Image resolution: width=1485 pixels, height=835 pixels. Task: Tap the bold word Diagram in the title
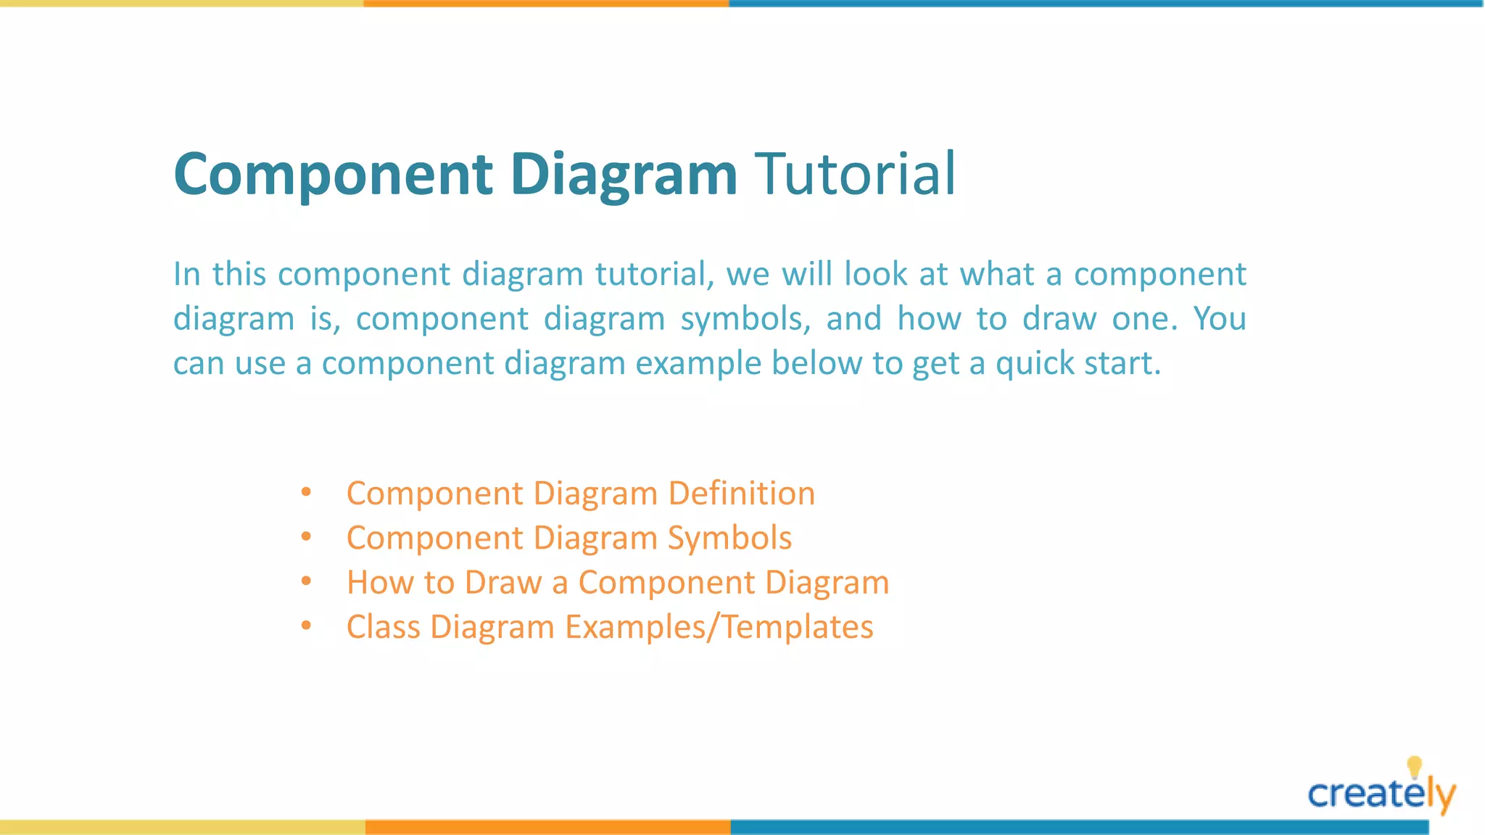[624, 175]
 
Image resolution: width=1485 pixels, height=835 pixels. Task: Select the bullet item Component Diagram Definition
[580, 494]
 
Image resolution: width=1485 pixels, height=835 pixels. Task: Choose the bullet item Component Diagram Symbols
[568, 538]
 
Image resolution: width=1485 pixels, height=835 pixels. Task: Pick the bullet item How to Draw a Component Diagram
[617, 583]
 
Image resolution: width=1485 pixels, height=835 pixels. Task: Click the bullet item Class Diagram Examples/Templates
[609, 627]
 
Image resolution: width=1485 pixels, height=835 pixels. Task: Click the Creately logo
[1381, 794]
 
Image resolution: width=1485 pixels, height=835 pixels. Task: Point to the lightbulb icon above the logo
[1414, 767]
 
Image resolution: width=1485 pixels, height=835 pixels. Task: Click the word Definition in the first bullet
[741, 494]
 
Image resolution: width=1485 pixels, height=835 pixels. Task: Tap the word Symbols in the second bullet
[729, 539]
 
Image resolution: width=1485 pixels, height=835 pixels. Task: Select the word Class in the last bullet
[383, 627]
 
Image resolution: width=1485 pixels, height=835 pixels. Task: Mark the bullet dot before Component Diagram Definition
[306, 493]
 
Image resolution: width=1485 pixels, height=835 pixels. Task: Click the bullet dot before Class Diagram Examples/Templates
[306, 626]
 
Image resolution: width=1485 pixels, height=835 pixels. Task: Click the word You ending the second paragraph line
[1220, 319]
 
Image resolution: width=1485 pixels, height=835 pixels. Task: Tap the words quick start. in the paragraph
[1077, 363]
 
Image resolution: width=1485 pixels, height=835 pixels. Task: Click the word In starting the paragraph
[186, 275]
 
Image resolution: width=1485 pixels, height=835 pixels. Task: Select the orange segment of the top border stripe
[546, 4]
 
